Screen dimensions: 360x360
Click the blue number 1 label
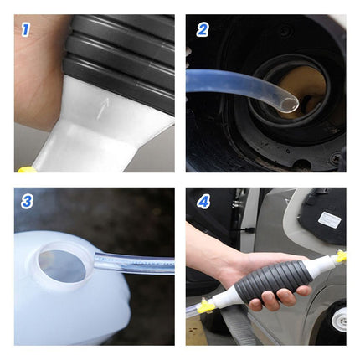click(x=25, y=29)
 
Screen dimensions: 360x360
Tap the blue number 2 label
click(x=203, y=29)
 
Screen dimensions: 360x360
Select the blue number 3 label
click(x=27, y=202)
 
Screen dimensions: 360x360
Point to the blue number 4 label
click(x=203, y=202)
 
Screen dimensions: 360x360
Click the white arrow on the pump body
click(x=102, y=109)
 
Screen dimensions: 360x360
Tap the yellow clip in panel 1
click(x=27, y=169)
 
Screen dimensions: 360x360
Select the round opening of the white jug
click(x=62, y=265)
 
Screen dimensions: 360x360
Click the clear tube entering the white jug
click(x=134, y=263)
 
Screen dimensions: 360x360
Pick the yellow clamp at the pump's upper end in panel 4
click(x=341, y=255)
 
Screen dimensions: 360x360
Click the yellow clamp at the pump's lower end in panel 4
click(x=207, y=306)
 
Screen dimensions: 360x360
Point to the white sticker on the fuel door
click(x=329, y=219)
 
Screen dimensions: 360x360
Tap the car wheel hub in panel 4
click(x=339, y=320)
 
